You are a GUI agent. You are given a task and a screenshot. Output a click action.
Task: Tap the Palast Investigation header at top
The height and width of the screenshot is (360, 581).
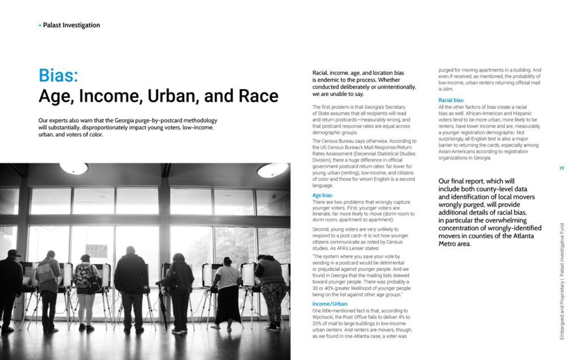pos(71,25)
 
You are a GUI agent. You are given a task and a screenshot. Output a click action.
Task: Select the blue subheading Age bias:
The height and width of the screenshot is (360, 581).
pos(325,195)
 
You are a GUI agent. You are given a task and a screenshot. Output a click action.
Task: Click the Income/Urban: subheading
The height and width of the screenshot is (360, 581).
pos(331,305)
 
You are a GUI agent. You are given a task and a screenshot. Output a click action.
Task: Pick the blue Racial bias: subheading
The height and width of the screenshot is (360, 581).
pos(452,101)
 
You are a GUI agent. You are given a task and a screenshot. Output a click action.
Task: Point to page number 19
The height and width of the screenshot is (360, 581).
pos(561,168)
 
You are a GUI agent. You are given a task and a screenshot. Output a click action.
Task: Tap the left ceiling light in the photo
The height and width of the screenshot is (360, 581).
pos(74,168)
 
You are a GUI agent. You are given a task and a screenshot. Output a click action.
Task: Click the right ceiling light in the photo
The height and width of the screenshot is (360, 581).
pos(272,170)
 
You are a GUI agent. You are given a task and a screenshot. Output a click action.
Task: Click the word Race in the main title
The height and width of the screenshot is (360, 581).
pos(258,96)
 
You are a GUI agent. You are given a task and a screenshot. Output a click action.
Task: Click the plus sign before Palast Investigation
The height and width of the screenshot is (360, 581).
pos(40,26)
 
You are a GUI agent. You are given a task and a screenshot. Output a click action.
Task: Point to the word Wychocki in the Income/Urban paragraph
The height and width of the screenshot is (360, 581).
pos(325,317)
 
